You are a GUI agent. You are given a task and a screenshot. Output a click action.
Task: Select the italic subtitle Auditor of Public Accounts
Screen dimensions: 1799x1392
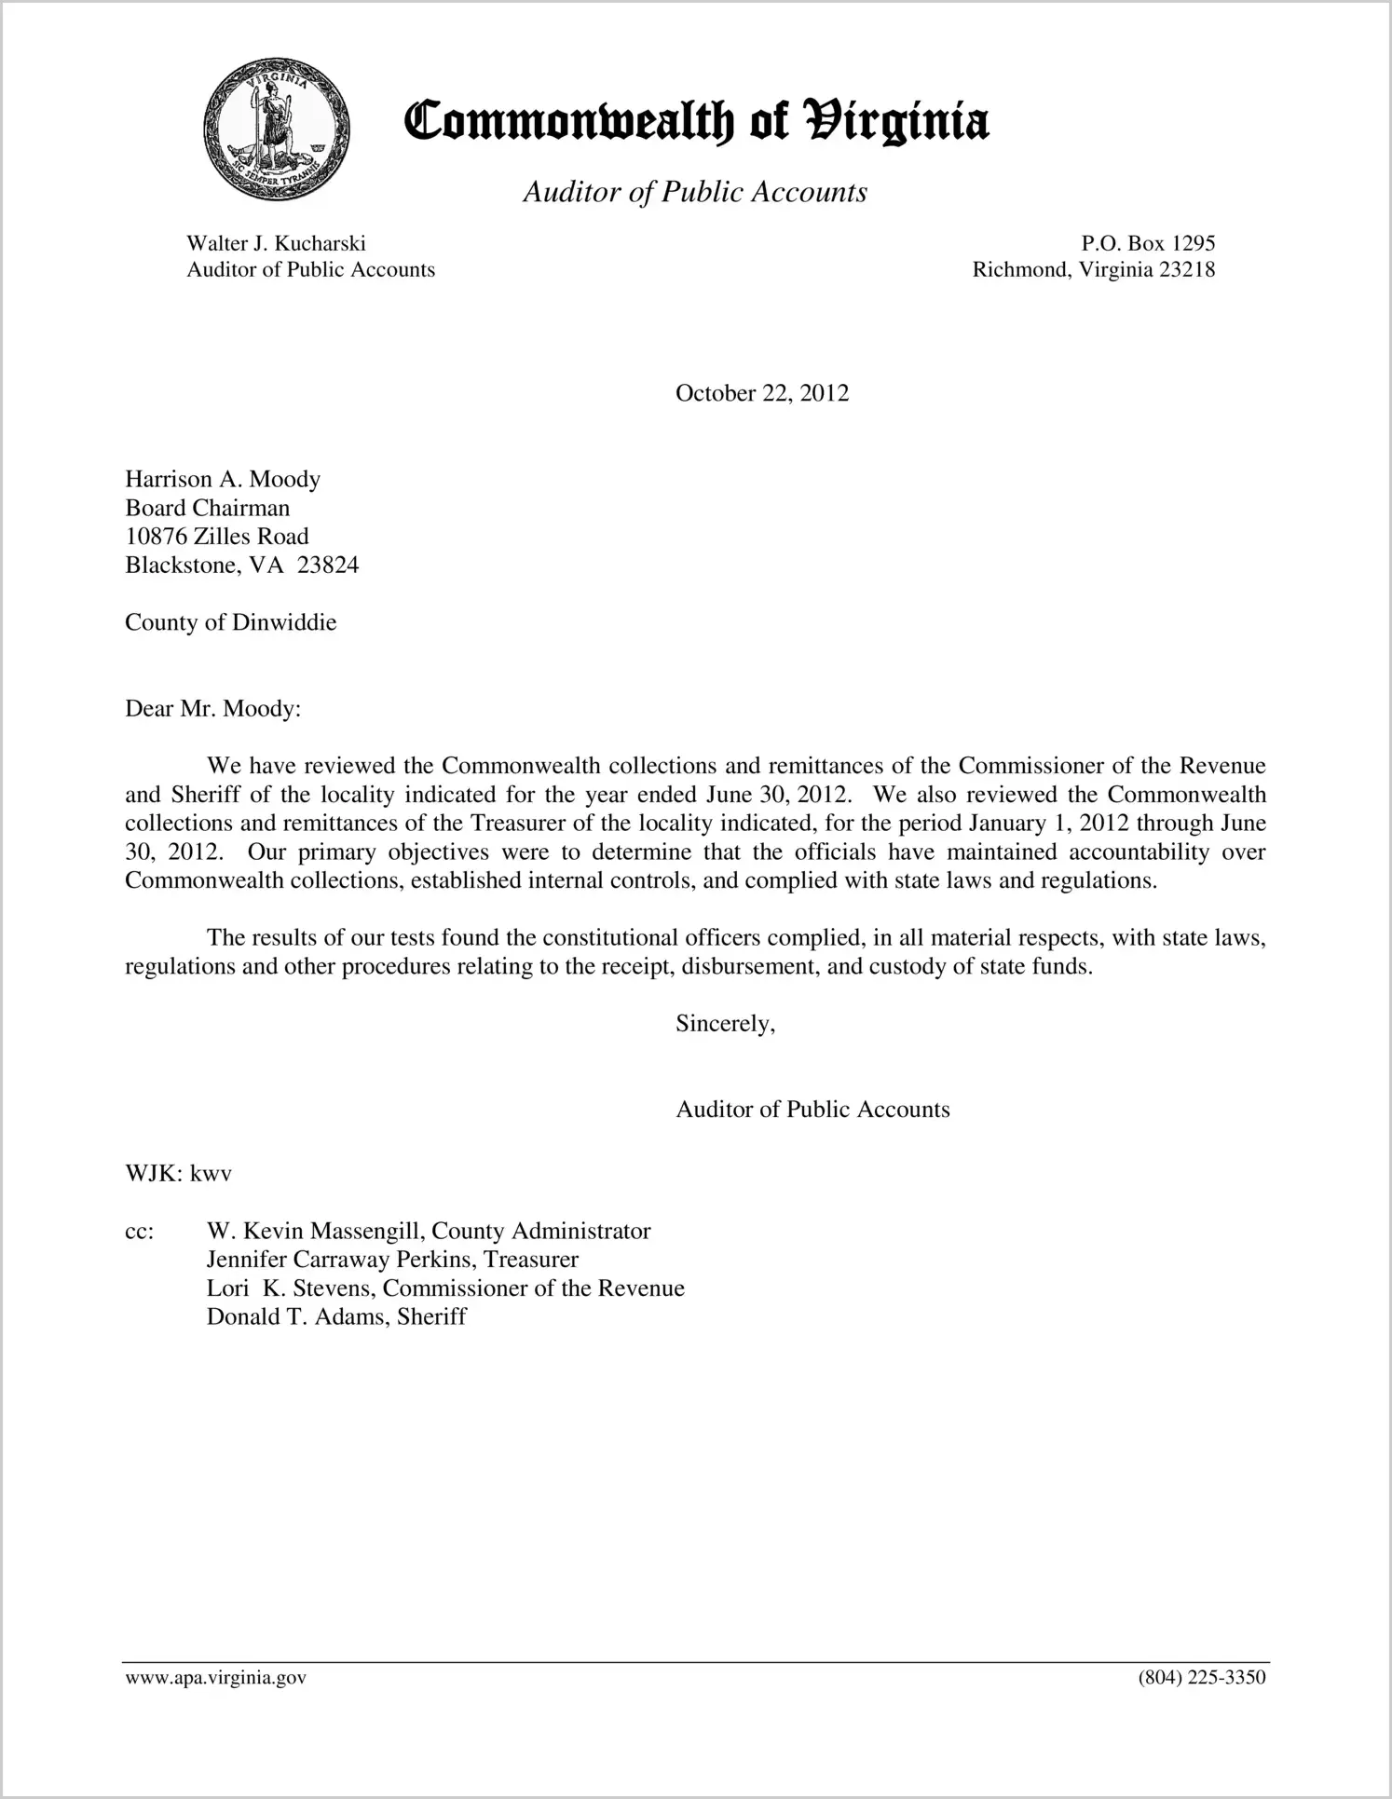click(x=695, y=192)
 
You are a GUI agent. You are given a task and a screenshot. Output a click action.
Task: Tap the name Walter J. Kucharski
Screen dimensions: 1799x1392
click(x=276, y=244)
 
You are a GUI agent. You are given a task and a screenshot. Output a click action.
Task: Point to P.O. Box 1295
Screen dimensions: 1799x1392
click(x=1148, y=244)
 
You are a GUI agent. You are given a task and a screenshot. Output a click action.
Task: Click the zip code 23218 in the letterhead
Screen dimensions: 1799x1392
click(x=1187, y=270)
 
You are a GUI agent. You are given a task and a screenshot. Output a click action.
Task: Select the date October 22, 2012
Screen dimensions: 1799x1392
click(x=761, y=393)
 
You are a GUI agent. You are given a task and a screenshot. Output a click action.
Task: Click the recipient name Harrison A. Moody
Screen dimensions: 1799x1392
click(x=223, y=479)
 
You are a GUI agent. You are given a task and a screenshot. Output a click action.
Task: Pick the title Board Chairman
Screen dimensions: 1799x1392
click(x=208, y=508)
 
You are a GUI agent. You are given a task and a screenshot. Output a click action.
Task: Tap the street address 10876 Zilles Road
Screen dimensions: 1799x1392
click(x=217, y=537)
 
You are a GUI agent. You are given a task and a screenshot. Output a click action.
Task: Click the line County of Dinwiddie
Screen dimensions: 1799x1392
click(x=230, y=622)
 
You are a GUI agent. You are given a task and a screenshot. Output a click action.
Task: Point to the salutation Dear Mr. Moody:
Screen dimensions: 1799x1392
click(x=213, y=709)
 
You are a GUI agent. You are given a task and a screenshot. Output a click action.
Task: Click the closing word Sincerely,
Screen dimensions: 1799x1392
click(x=725, y=1024)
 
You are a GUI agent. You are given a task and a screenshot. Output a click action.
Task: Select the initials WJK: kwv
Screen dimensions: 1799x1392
click(x=178, y=1174)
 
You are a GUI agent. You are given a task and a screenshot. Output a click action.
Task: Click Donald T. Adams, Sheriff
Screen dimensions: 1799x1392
click(x=335, y=1317)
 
